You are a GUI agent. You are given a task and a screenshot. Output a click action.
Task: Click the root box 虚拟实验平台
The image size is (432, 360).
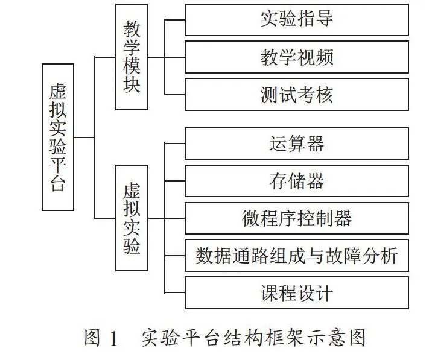[x=58, y=137]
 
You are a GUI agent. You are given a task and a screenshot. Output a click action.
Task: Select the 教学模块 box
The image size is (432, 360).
[x=132, y=57]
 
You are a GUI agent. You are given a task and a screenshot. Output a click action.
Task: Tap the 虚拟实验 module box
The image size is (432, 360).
[x=132, y=218]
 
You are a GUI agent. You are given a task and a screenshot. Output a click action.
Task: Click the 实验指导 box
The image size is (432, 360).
[x=297, y=19]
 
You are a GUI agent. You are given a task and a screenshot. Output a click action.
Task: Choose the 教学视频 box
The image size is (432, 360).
[x=297, y=57]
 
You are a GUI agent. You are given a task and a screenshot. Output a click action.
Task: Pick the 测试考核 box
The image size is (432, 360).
[x=297, y=95]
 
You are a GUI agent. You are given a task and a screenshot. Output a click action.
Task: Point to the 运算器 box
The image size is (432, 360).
[x=297, y=144]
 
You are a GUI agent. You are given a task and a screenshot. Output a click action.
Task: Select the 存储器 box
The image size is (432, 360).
[x=297, y=181]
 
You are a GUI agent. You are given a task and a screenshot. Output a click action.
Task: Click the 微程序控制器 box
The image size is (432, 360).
[x=297, y=218]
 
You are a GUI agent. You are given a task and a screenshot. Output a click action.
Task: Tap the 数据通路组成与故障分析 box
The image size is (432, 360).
[x=297, y=256]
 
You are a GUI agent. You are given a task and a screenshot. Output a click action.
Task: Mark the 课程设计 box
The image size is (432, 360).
[x=297, y=293]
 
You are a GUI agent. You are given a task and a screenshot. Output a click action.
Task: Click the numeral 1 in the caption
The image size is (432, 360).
[x=113, y=338]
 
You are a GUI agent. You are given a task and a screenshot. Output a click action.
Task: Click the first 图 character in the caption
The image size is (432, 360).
[x=92, y=338]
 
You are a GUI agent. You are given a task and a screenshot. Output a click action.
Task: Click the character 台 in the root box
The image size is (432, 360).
[x=58, y=183]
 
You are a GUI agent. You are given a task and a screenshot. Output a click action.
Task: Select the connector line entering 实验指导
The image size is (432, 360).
[x=175, y=20]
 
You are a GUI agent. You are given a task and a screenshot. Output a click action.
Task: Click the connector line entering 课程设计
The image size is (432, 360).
[x=175, y=292]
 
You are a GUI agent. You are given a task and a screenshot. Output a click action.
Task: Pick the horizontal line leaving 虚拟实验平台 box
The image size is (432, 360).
[x=84, y=137]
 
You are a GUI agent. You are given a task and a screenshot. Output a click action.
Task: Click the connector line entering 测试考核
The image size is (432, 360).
[x=175, y=95]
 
